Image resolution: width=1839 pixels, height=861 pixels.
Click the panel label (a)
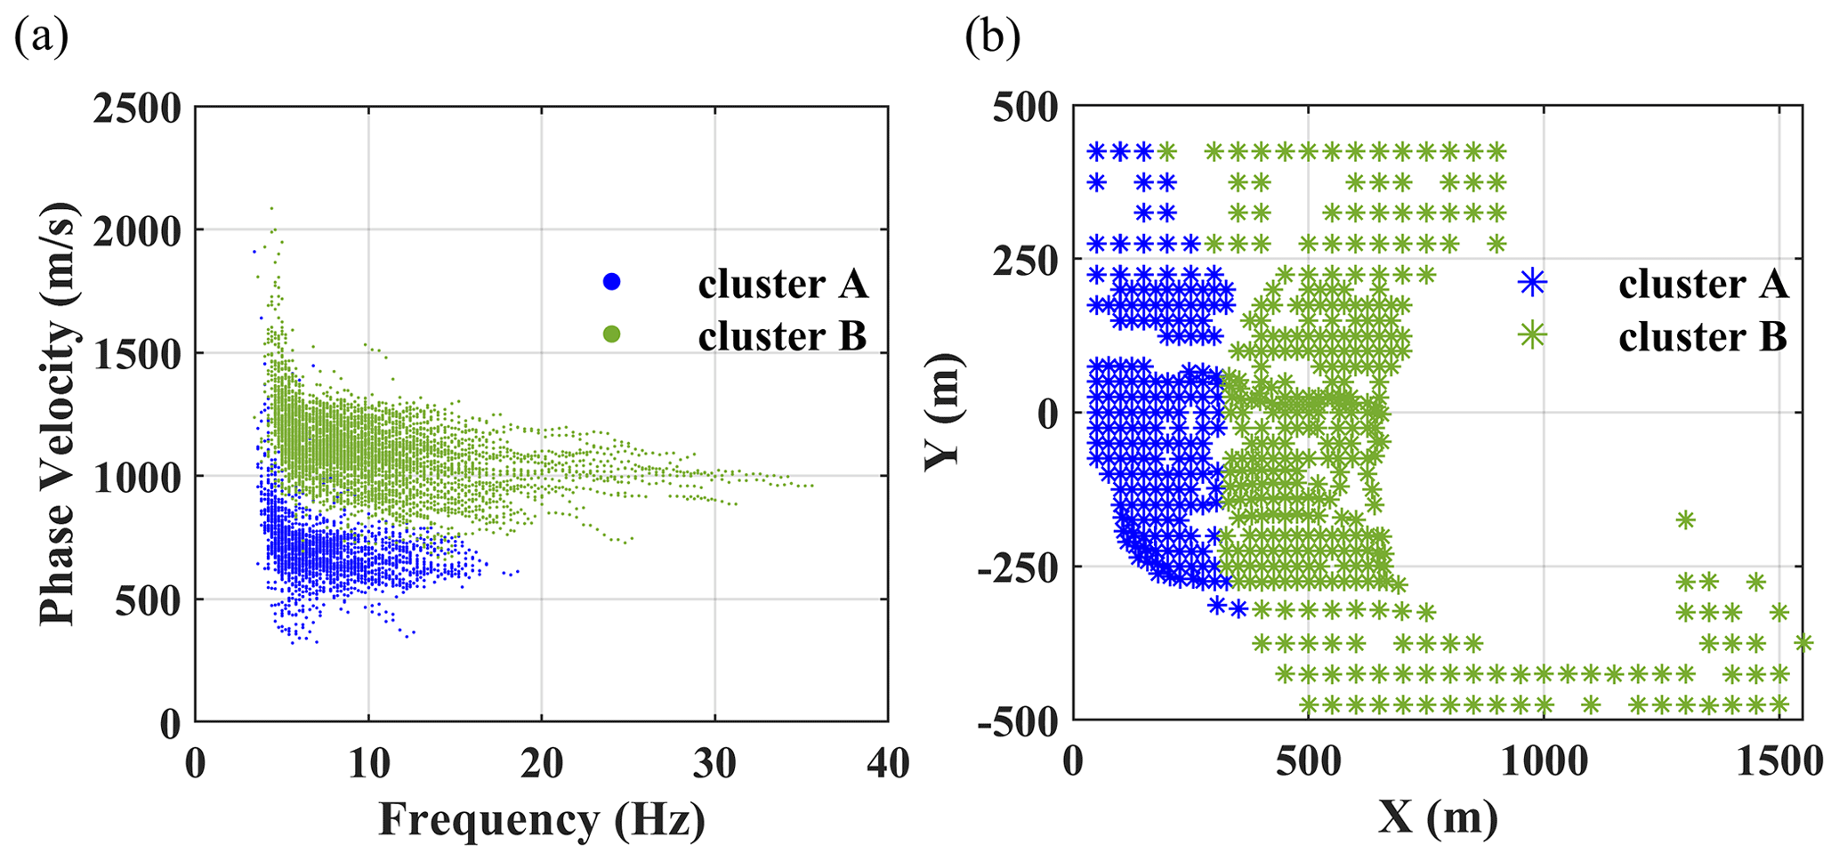(x=41, y=38)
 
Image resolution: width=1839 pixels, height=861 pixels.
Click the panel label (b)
(x=993, y=38)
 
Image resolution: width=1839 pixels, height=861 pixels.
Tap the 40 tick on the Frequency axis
(x=887, y=763)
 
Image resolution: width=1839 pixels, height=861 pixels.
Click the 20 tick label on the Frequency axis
(x=541, y=763)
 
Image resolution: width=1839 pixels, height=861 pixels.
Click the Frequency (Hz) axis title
(x=541, y=820)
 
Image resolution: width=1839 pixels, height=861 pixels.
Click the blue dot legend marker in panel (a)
(x=611, y=282)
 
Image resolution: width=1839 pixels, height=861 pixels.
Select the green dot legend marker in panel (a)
(x=611, y=334)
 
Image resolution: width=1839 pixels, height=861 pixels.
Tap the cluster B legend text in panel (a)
(x=782, y=336)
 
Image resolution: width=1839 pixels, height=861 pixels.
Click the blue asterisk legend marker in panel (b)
(x=1532, y=283)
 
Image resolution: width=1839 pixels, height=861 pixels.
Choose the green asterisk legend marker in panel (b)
(x=1532, y=335)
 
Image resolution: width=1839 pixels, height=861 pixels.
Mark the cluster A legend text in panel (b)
(x=1703, y=285)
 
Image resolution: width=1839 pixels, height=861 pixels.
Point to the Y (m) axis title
(x=943, y=411)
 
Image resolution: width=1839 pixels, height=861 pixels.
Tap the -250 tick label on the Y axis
(x=1018, y=567)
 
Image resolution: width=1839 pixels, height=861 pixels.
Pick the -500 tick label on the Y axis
(x=1018, y=720)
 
